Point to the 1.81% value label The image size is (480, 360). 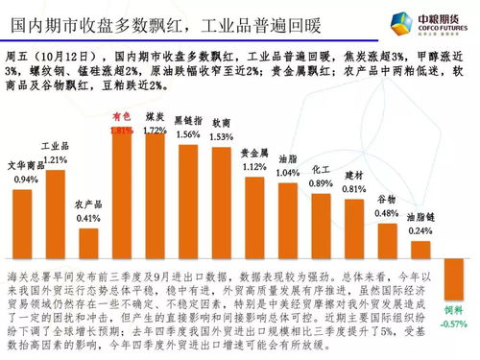pyautogui.click(x=121, y=131)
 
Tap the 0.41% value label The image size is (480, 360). pyautogui.click(x=88, y=219)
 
